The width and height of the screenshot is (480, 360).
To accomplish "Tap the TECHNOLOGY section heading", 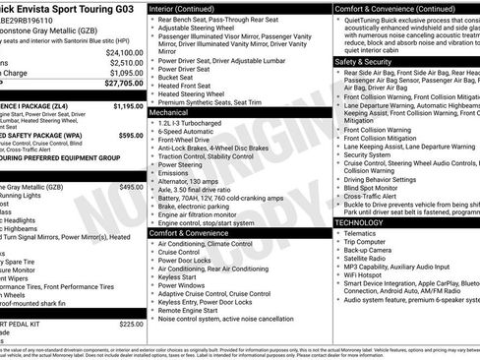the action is click(x=359, y=222).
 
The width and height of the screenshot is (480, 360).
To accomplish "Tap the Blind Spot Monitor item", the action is click(x=377, y=188).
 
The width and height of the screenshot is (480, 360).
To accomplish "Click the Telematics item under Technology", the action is click(x=365, y=233).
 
